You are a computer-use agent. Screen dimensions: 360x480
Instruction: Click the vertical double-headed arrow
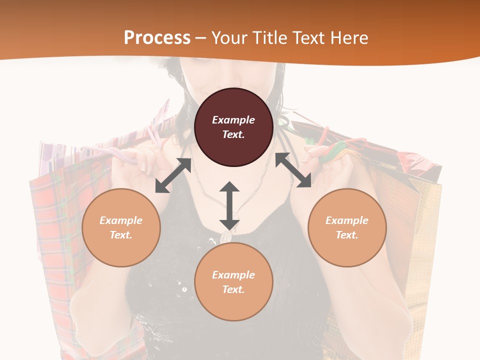pos(229,205)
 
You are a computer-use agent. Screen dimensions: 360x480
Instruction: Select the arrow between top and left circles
pos(173,175)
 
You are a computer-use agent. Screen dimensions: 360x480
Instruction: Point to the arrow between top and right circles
pos(293,170)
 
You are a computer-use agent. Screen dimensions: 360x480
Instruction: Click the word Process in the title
pos(157,37)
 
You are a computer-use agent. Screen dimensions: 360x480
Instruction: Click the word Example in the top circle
pos(233,120)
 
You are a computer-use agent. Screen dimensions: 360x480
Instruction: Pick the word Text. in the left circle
pos(121,235)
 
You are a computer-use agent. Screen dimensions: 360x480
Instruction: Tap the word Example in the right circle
pos(347,220)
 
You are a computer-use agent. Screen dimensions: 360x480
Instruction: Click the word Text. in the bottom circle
pos(233,289)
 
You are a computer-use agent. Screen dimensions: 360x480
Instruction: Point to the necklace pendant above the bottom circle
pos(226,237)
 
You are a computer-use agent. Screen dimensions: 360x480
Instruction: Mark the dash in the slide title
pos(201,38)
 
